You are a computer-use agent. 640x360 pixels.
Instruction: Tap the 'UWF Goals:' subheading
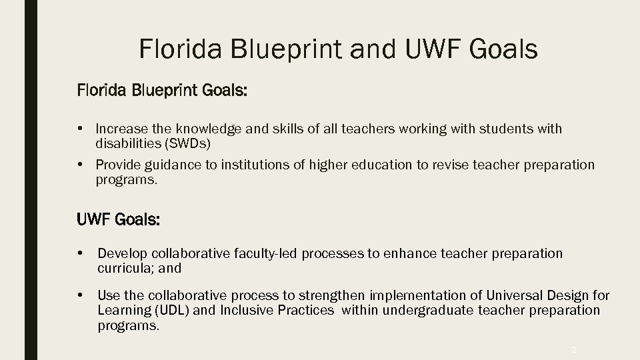[119, 220]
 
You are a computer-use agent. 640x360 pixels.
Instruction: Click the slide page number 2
[574, 349]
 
